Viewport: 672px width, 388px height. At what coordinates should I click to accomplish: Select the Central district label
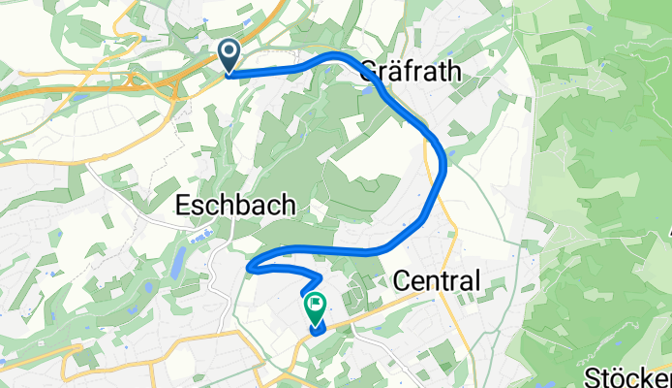coord(438,281)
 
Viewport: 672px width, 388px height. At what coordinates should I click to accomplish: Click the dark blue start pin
coord(230,57)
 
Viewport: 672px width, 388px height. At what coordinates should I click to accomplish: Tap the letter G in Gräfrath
coord(369,70)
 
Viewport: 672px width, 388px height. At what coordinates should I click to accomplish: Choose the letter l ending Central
coord(476,281)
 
